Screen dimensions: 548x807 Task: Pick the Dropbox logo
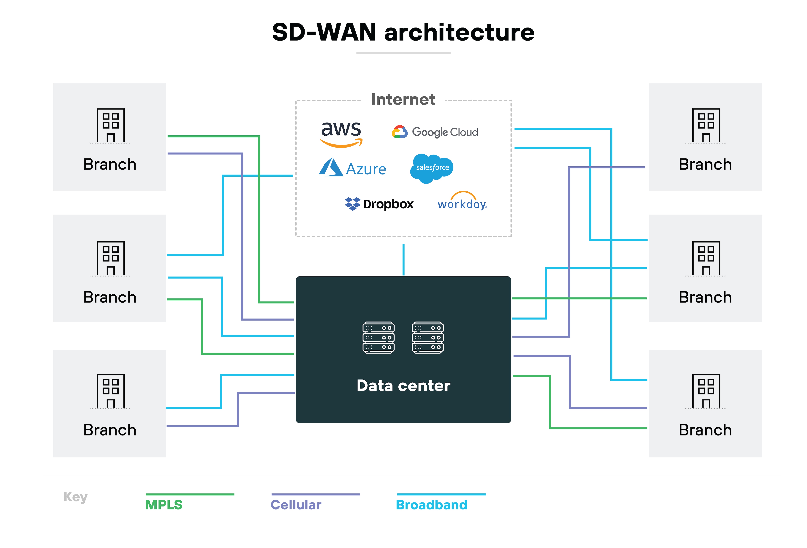click(379, 204)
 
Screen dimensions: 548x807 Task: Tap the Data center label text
click(403, 385)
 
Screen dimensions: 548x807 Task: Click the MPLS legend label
click(163, 505)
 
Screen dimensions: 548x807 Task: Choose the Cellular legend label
click(296, 505)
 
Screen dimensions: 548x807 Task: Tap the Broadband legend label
click(431, 505)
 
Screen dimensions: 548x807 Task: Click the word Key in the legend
click(75, 497)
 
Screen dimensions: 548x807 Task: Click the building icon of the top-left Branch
click(110, 126)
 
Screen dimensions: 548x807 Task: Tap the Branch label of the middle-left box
click(110, 297)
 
